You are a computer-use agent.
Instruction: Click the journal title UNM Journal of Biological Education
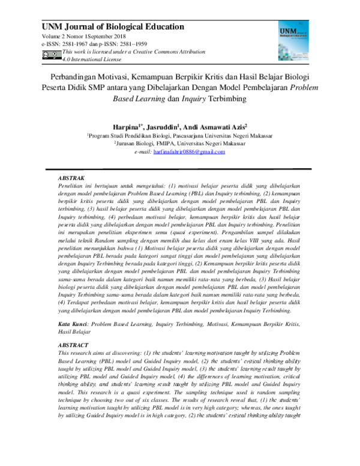[x=112, y=26]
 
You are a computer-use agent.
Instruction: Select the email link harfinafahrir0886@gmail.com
[x=189, y=152]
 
